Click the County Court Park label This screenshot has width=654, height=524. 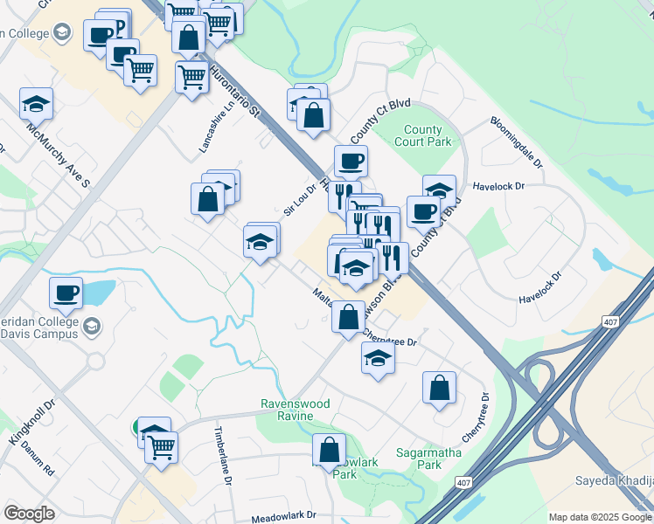point(423,134)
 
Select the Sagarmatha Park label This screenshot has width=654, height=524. point(418,459)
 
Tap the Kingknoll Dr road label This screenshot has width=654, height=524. point(31,424)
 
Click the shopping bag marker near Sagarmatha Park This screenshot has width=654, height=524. point(439,387)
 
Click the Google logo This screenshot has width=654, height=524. point(29,514)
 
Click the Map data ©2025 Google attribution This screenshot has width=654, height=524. point(600,517)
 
